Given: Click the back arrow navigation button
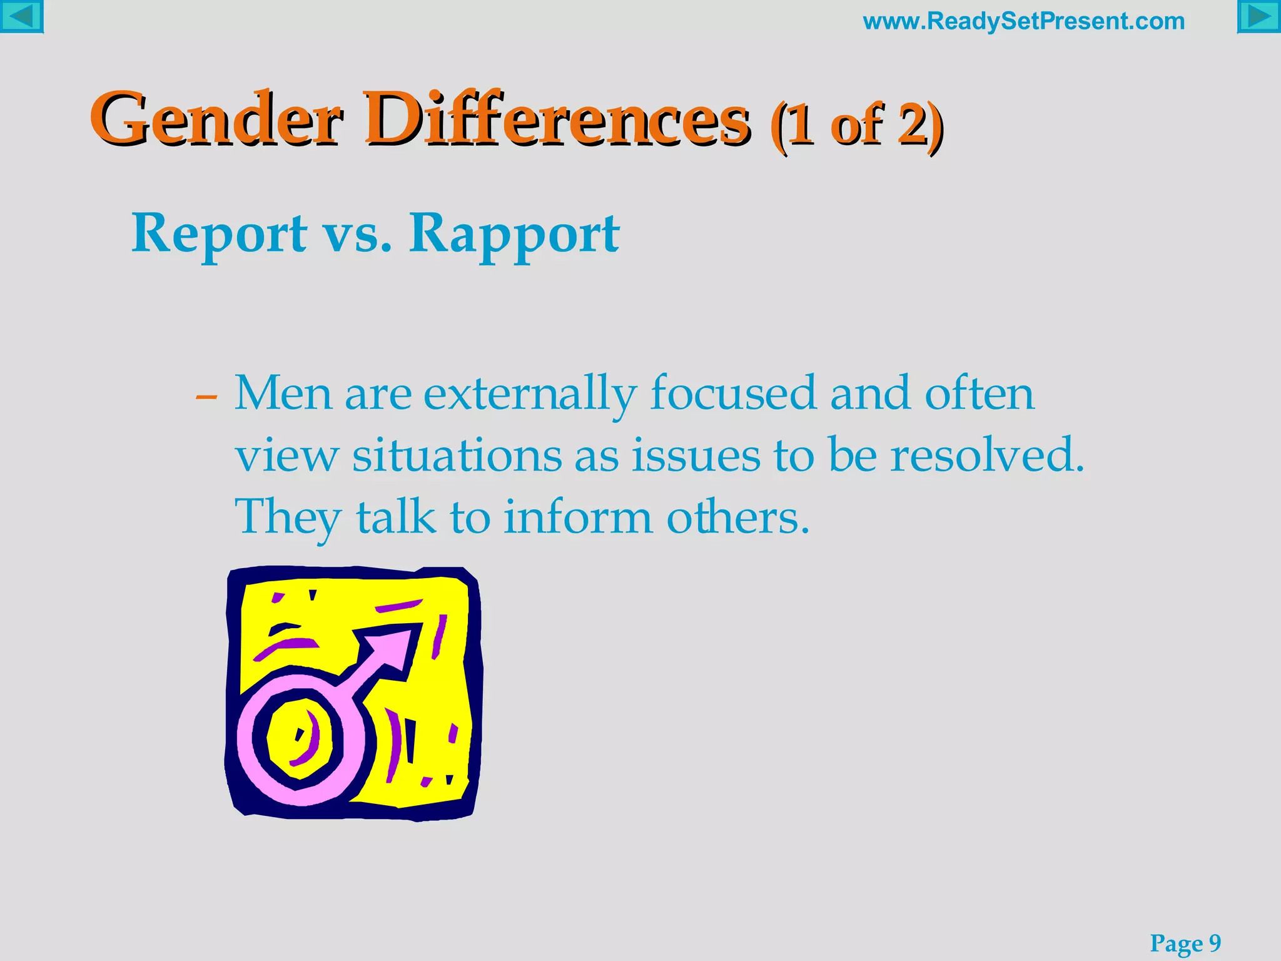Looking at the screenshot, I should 21,16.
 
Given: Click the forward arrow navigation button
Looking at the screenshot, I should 1258,16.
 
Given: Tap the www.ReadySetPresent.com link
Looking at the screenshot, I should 1024,21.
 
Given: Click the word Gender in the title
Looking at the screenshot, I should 216,119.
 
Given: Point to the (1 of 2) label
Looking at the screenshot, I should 857,125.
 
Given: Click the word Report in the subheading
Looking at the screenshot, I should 219,233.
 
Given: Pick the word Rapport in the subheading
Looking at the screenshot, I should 514,233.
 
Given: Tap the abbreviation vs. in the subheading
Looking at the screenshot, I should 357,233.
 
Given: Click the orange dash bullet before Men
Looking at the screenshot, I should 206,397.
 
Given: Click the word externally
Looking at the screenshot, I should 530,394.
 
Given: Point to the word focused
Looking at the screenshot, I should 733,394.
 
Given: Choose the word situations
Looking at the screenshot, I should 457,455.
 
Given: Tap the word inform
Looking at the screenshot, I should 579,518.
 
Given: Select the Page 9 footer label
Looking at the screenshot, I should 1185,943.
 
